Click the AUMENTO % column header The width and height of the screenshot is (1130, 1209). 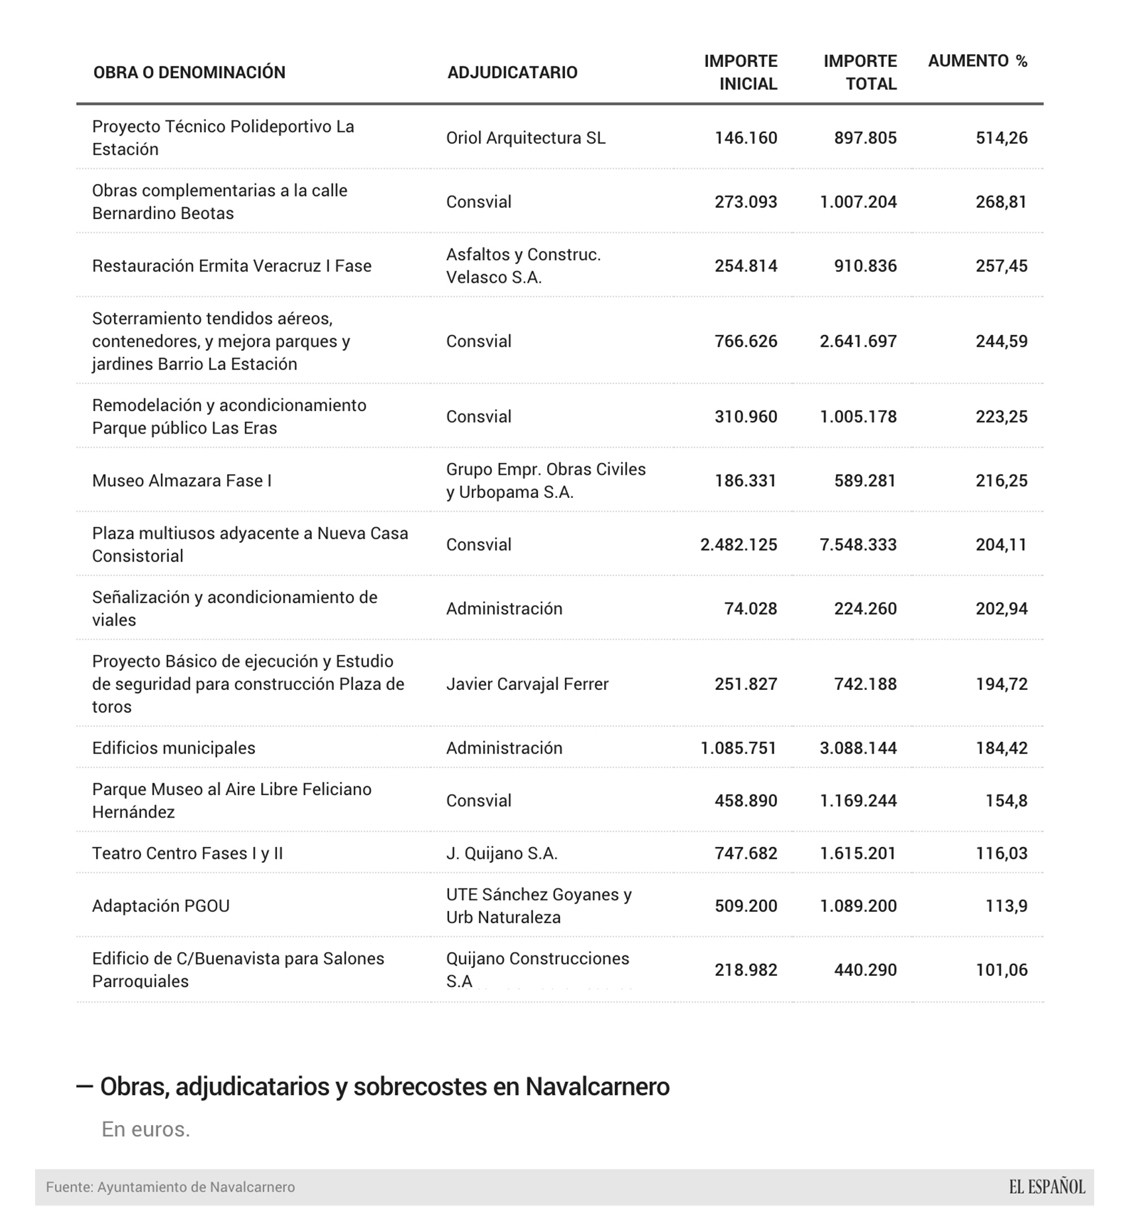977,61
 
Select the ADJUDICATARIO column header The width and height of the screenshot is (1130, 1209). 512,72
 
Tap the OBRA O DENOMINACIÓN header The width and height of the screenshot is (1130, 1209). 189,72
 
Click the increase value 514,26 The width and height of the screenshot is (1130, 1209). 1001,138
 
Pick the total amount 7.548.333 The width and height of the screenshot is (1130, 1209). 858,544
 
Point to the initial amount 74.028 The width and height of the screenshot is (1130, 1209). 750,608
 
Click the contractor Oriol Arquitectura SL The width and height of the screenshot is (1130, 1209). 525,138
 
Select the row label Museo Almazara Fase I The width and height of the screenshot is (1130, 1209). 181,481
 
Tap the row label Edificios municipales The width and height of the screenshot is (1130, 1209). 174,748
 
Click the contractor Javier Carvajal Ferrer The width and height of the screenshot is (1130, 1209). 527,684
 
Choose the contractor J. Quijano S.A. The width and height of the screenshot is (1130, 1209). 501,853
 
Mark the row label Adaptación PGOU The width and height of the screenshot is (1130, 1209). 161,906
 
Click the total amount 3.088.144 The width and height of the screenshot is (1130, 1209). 858,748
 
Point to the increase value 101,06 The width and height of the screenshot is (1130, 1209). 1001,970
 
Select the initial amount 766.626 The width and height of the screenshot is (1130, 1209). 745,341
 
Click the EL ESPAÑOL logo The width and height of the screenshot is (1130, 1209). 1047,1186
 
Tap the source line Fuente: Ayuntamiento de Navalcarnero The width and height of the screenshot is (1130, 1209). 170,1187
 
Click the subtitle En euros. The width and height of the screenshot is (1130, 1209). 146,1129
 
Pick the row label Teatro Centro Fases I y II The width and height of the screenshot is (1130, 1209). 187,853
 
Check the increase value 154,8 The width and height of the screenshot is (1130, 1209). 1006,800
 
